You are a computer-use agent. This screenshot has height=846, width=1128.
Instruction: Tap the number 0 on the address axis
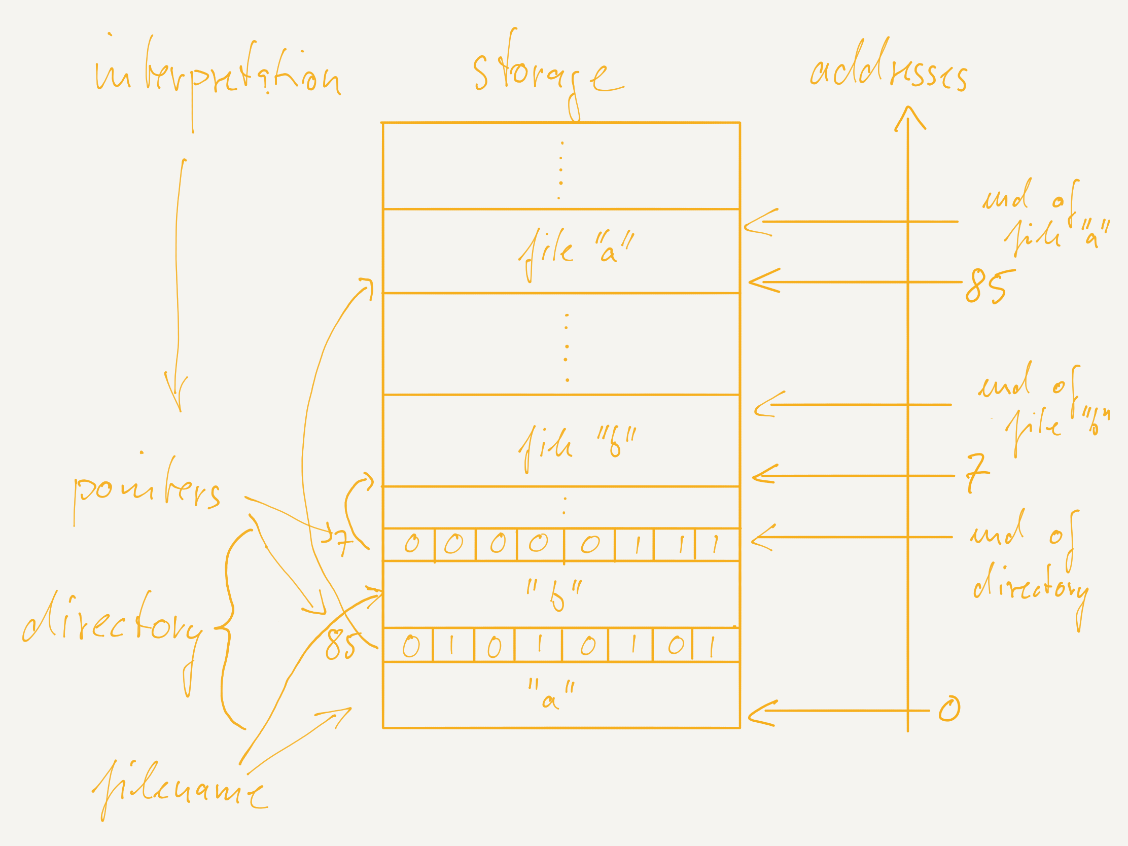(x=949, y=710)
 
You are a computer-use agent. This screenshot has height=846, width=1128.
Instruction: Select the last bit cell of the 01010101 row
(x=715, y=646)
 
